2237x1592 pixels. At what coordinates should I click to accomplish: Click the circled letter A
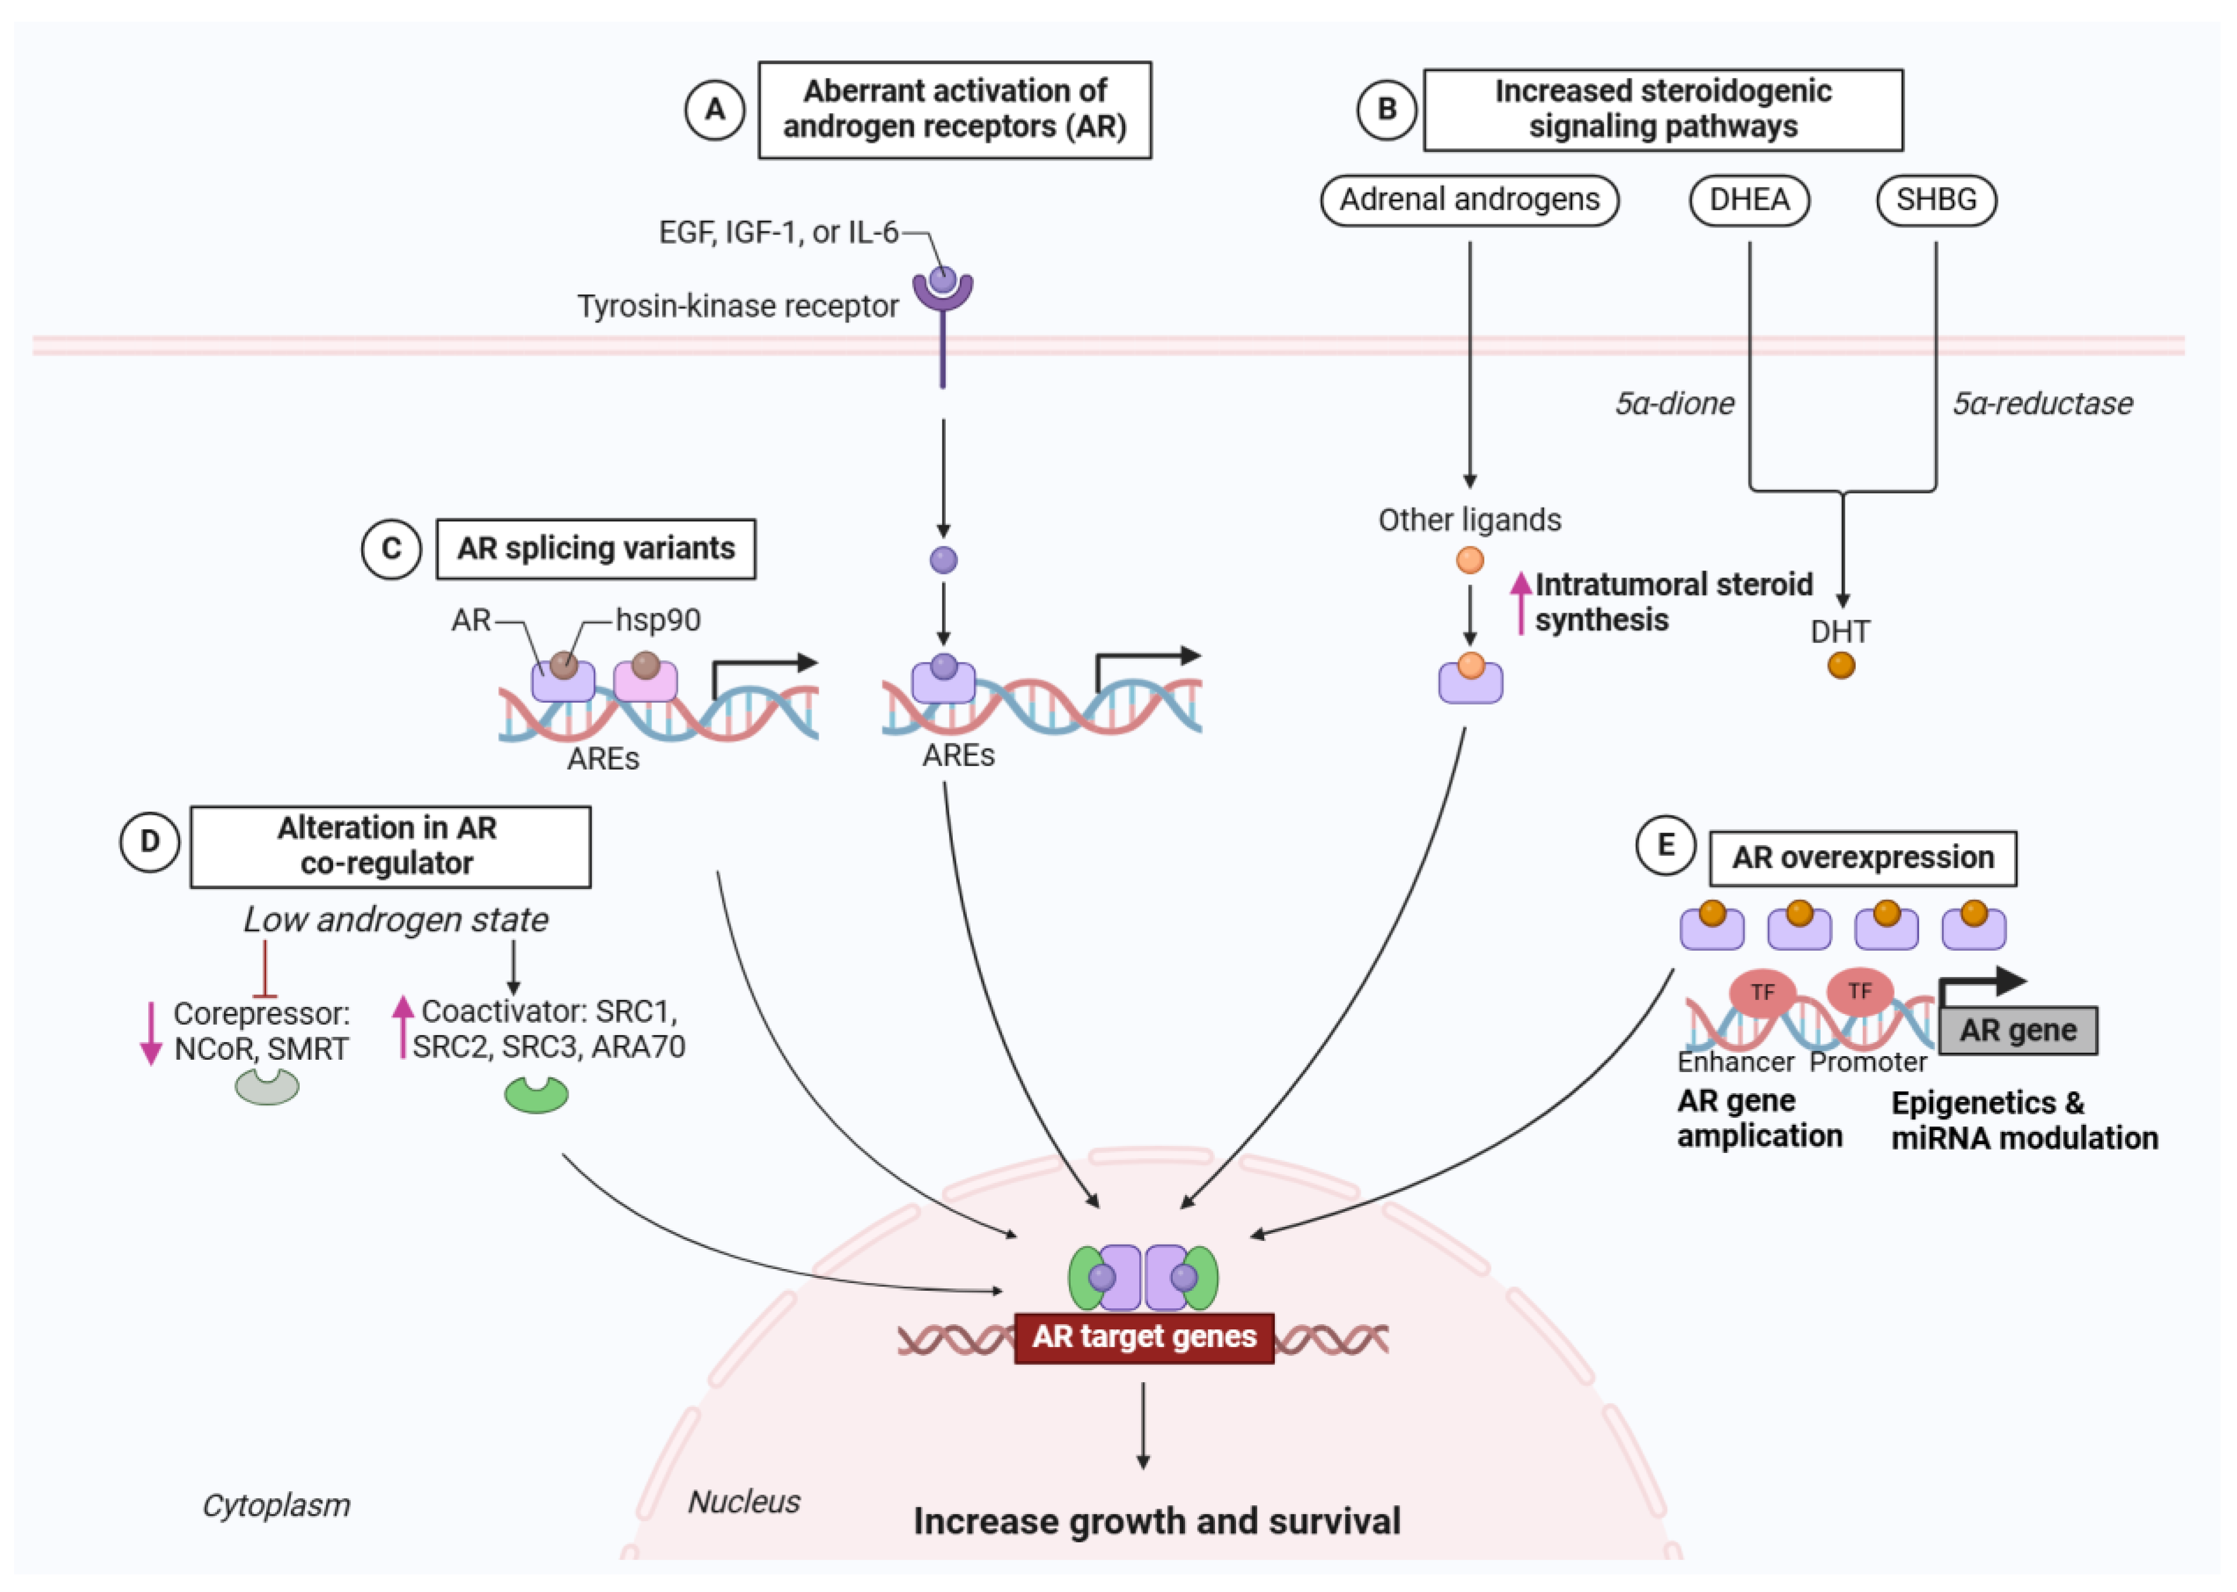point(714,109)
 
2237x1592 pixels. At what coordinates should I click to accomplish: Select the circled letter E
point(1665,845)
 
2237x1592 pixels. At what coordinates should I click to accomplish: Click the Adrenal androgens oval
point(1469,200)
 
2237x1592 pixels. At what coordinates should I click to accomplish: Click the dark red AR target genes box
point(1143,1337)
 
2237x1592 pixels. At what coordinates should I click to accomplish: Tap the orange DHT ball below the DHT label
point(1841,666)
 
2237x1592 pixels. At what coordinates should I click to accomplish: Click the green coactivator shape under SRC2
point(535,1094)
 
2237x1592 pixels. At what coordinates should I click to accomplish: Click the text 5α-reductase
point(2042,403)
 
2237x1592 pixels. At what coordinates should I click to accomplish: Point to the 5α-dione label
point(1674,403)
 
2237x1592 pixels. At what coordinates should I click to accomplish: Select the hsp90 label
point(657,620)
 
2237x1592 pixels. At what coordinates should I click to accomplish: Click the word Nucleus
point(744,1501)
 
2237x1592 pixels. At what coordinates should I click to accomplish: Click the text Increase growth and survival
point(1156,1522)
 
